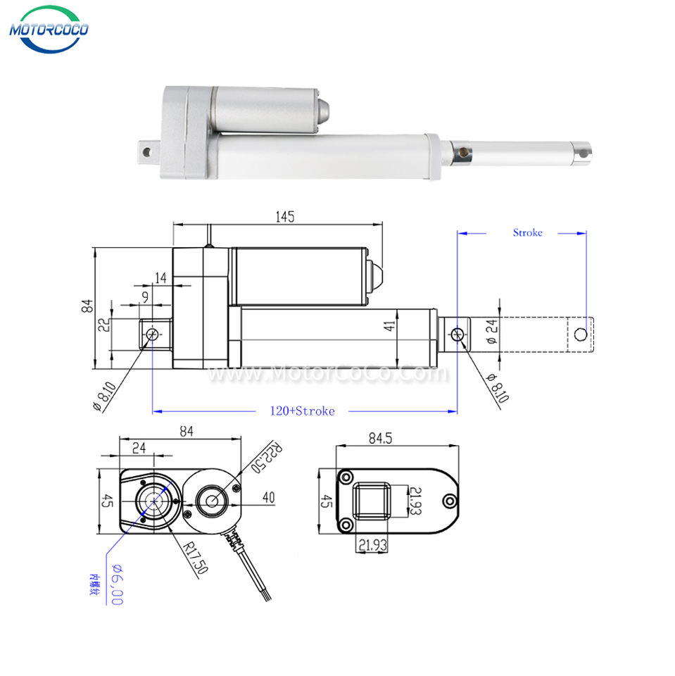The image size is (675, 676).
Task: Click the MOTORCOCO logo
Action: [x=48, y=30]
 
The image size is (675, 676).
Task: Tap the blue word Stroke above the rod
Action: [x=527, y=232]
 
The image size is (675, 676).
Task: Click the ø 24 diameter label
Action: [x=491, y=330]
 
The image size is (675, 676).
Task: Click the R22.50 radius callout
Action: [x=264, y=458]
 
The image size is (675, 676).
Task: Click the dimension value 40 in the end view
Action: [x=268, y=498]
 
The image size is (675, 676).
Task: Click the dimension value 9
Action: [x=144, y=298]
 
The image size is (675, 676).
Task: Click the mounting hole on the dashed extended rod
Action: [x=580, y=334]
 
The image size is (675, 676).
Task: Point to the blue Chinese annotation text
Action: [x=92, y=585]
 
